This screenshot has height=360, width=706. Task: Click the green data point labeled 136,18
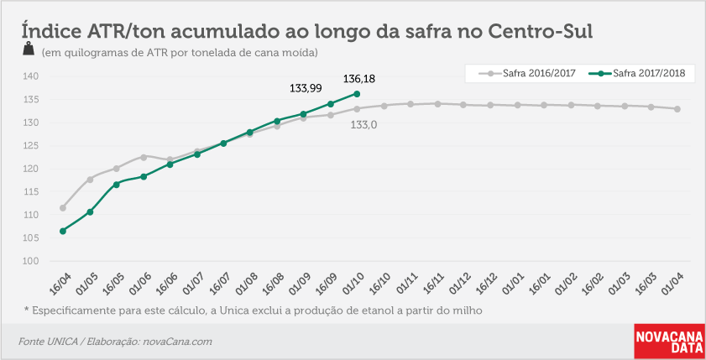pos(357,94)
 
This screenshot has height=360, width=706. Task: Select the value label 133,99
pos(306,88)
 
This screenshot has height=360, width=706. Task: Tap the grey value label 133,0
pos(363,125)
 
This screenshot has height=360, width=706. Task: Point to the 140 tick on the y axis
pos(30,76)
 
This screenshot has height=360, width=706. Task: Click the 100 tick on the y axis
pos(30,261)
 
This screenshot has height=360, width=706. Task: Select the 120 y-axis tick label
pos(30,169)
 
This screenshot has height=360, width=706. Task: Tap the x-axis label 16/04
pos(60,284)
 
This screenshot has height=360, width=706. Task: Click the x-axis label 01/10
pos(354,284)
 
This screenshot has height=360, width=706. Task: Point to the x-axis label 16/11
pos(434,284)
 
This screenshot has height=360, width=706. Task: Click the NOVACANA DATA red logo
pos(670,342)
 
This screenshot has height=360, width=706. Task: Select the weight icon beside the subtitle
pos(29,49)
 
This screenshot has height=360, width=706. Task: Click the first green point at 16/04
pos(63,231)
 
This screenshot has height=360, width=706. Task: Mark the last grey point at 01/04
pos(677,109)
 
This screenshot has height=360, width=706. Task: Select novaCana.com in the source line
pos(177,342)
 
